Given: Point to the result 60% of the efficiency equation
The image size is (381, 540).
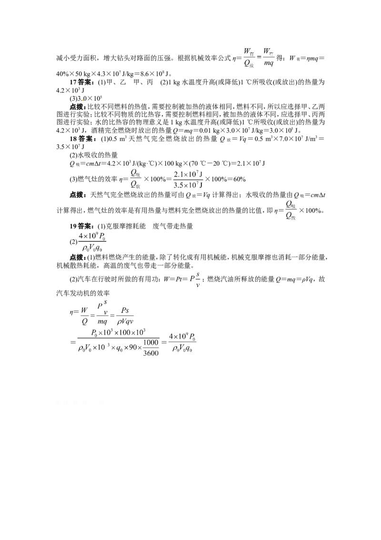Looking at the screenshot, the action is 238,179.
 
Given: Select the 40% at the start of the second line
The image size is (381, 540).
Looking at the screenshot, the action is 62,73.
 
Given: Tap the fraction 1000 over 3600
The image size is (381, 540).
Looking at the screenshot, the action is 151,348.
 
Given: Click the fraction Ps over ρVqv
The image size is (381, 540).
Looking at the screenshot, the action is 125,316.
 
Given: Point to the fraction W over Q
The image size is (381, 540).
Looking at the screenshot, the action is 85,316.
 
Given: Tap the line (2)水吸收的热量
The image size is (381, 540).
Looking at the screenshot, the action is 94,156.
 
